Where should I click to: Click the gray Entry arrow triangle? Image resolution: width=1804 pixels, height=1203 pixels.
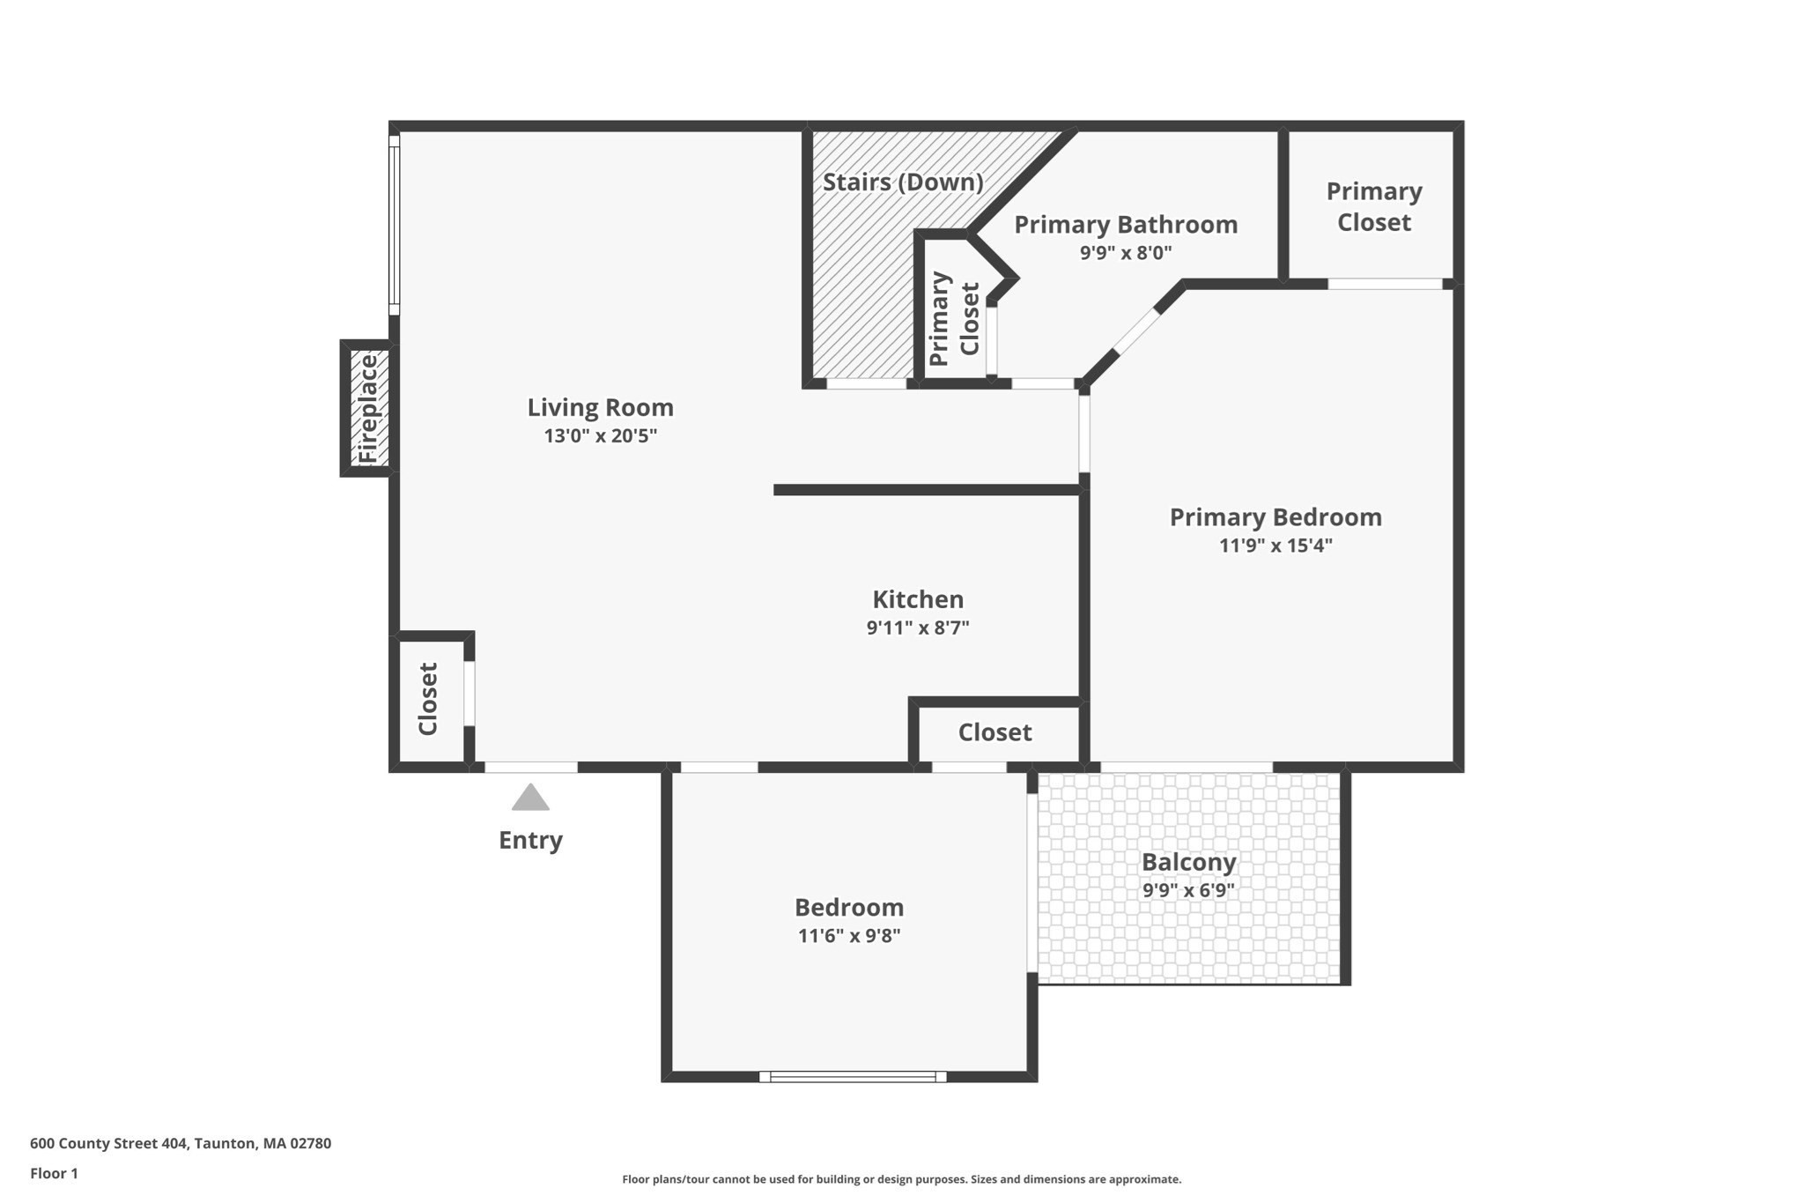pyautogui.click(x=530, y=798)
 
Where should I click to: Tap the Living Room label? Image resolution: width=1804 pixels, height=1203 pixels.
pyautogui.click(x=600, y=407)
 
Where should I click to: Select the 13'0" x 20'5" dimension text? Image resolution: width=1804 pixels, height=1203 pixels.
pyautogui.click(x=600, y=435)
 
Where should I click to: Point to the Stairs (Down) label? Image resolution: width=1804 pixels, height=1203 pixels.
pyautogui.click(x=902, y=182)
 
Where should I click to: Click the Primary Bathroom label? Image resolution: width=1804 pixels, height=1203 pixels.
pyautogui.click(x=1125, y=225)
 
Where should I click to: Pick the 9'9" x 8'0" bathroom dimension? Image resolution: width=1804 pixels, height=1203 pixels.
pyautogui.click(x=1125, y=254)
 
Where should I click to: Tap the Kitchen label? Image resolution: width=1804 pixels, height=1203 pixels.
pyautogui.click(x=917, y=599)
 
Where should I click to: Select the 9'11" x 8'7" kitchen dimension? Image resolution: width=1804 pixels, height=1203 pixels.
pyautogui.click(x=917, y=628)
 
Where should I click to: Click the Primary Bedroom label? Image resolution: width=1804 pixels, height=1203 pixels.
pyautogui.click(x=1275, y=517)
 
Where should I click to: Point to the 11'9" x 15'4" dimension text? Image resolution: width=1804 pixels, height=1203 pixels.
pyautogui.click(x=1275, y=546)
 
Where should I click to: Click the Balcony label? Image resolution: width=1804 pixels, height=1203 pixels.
pyautogui.click(x=1188, y=862)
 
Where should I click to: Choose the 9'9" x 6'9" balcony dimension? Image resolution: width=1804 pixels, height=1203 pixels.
pyautogui.click(x=1188, y=890)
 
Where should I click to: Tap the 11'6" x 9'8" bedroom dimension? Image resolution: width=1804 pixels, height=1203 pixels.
pyautogui.click(x=848, y=936)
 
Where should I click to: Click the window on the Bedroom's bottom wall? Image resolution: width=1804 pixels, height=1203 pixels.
pyautogui.click(x=852, y=1076)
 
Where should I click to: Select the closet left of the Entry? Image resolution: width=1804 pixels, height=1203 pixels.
pyautogui.click(x=429, y=699)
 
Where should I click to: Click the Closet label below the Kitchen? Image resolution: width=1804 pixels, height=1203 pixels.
pyautogui.click(x=994, y=732)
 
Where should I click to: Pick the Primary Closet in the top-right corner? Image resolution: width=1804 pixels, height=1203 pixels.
pyautogui.click(x=1373, y=207)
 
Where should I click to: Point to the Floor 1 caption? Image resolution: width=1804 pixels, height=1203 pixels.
pyautogui.click(x=54, y=1173)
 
